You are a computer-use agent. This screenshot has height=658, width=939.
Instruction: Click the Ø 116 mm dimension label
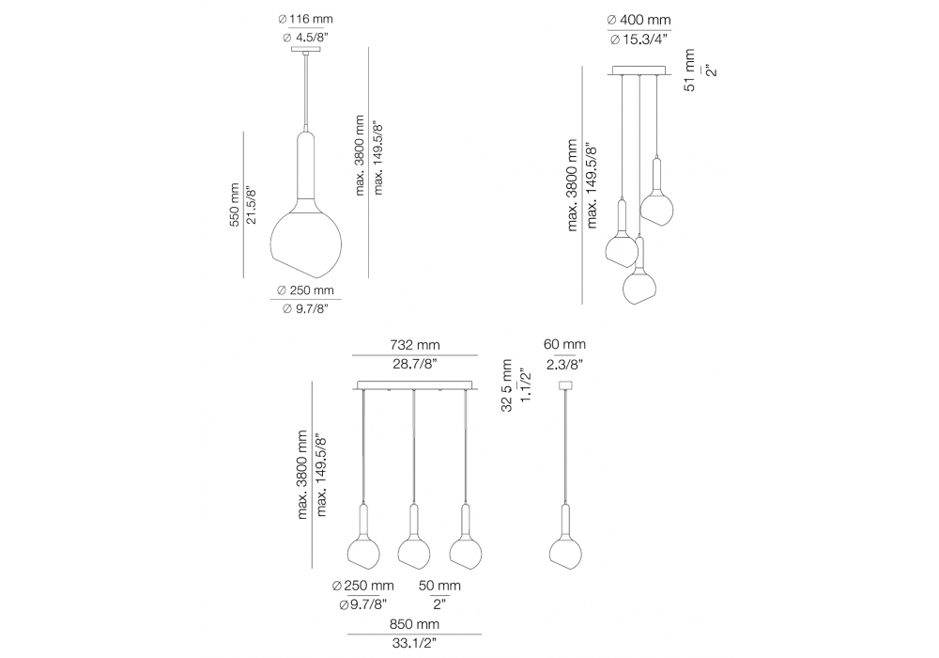(x=305, y=19)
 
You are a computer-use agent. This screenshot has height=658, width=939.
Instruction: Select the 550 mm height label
(x=235, y=204)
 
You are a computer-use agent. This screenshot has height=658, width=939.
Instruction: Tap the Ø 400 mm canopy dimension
(x=639, y=21)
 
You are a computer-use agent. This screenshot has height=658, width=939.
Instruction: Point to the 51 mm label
(x=690, y=70)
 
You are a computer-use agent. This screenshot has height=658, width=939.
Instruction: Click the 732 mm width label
(x=415, y=345)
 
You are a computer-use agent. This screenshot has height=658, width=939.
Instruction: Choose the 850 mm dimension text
(x=414, y=624)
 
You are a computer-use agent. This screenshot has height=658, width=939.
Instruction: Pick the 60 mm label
(x=564, y=345)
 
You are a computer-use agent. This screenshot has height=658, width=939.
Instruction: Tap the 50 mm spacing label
(x=439, y=586)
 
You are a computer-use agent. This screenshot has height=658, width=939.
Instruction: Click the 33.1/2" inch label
(x=414, y=644)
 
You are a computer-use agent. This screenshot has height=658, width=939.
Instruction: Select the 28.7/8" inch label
(x=415, y=364)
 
